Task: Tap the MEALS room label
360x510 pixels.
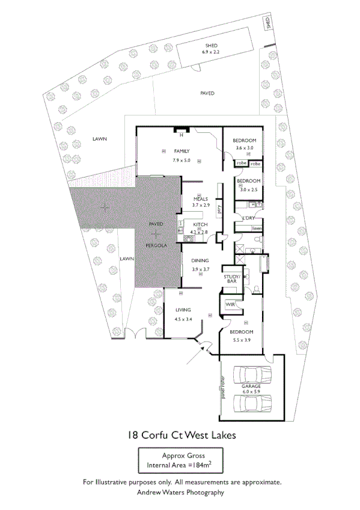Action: point(200,198)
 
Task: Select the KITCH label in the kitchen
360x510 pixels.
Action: point(200,225)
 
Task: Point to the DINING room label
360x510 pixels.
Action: point(200,260)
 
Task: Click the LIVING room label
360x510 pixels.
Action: point(183,310)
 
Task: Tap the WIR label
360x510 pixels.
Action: point(230,305)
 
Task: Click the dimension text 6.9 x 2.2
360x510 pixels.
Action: point(211,52)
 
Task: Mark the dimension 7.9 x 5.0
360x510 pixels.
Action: point(181,161)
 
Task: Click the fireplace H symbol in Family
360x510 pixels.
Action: point(180,134)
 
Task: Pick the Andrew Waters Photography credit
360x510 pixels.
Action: point(180,492)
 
